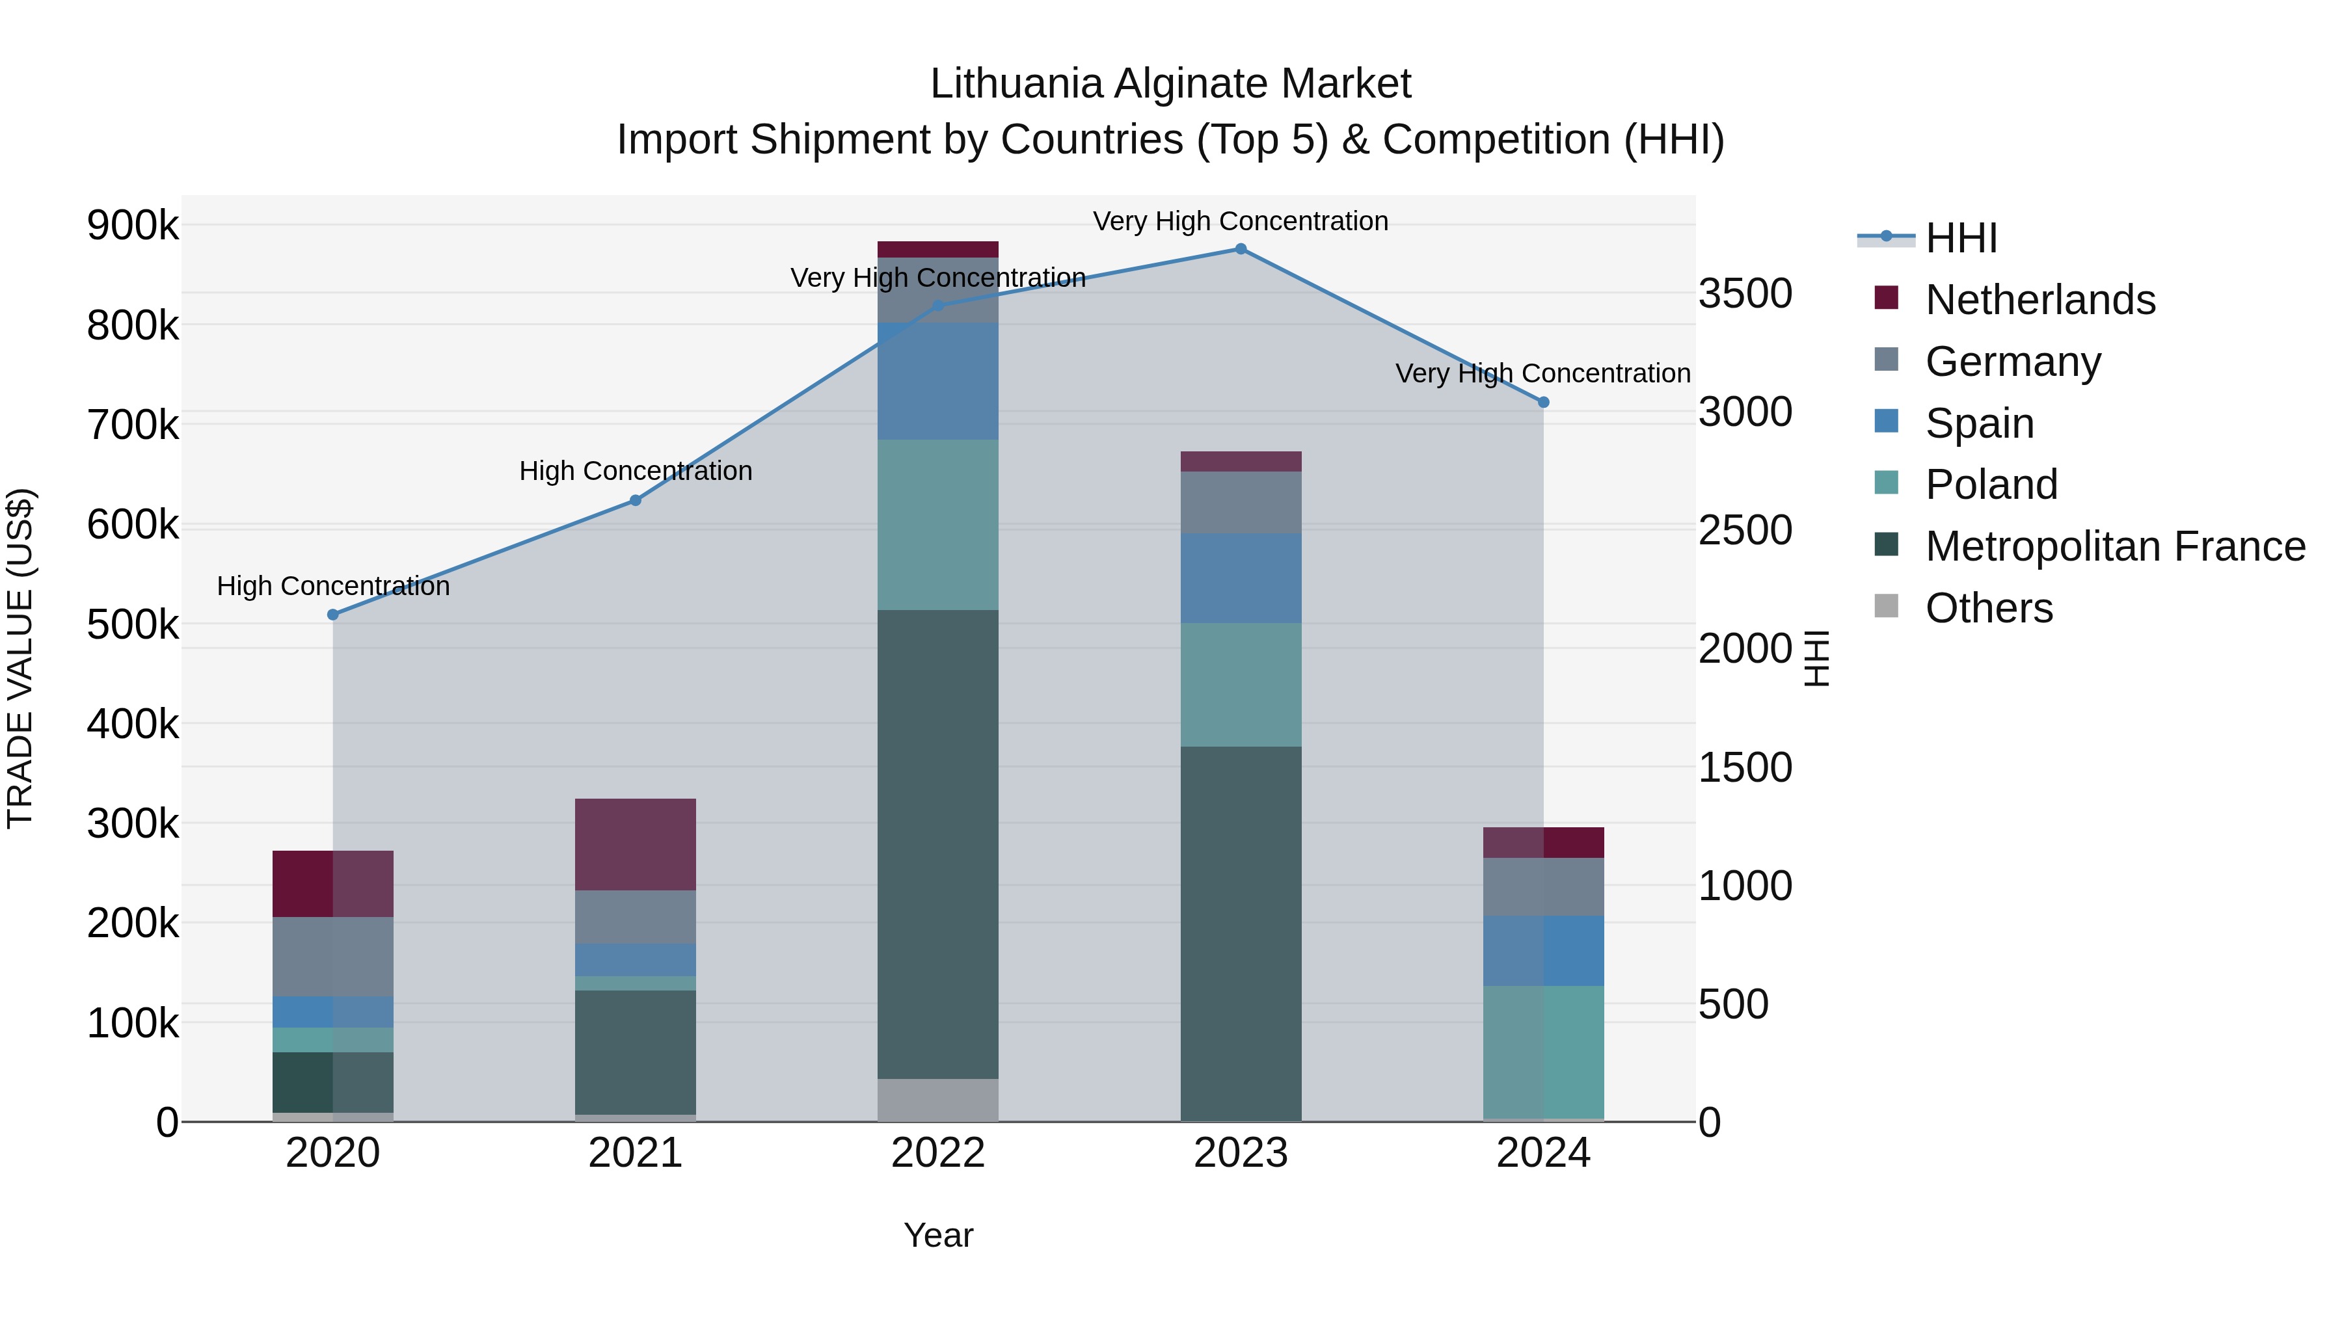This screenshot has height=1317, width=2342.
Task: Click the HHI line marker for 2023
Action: point(1240,249)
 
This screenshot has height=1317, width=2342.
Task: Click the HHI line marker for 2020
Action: point(332,615)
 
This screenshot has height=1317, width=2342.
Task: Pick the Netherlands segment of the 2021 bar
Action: point(636,844)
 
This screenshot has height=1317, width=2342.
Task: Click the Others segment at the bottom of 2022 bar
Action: point(937,1100)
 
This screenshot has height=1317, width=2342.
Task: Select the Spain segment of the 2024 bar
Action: point(1543,951)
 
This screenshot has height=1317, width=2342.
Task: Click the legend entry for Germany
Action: point(2012,362)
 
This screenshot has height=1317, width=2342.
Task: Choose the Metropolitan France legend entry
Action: point(2115,546)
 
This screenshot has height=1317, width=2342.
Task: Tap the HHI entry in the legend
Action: point(1960,238)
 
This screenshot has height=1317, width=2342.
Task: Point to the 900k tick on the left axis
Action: point(133,226)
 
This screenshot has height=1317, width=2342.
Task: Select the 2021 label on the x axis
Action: point(636,1153)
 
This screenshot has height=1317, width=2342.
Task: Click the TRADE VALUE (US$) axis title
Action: point(20,658)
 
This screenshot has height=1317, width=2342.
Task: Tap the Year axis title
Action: point(938,1235)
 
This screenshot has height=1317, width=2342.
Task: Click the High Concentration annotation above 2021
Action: point(636,471)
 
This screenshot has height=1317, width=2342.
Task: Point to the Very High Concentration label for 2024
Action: point(1543,373)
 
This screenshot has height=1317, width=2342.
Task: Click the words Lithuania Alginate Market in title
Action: point(1170,84)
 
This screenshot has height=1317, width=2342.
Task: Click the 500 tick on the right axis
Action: point(1733,1004)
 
